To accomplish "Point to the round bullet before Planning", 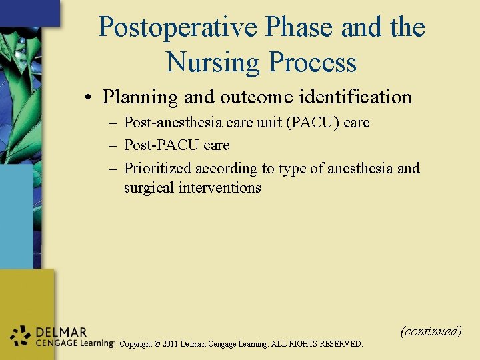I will pyautogui.click(x=88, y=98).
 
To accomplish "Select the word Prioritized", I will pyautogui.click(x=157, y=168).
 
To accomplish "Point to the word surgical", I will pyautogui.click(x=149, y=187).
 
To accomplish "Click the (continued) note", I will pyautogui.click(x=431, y=331).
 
